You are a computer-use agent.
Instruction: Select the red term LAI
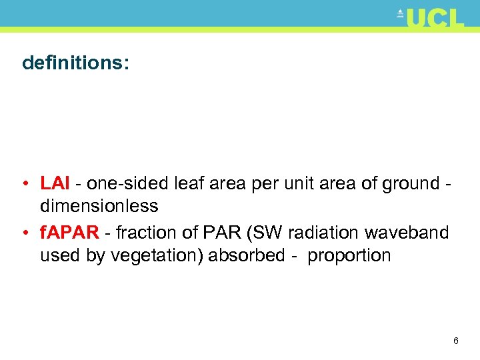pyautogui.click(x=54, y=183)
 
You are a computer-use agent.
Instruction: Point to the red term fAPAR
pyautogui.click(x=69, y=233)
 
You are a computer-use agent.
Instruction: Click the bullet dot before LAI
pyautogui.click(x=25, y=184)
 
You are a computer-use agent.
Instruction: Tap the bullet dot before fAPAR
pyautogui.click(x=25, y=233)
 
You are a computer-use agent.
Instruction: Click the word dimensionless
pyautogui.click(x=99, y=206)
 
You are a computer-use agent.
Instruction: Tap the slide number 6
pyautogui.click(x=455, y=341)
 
